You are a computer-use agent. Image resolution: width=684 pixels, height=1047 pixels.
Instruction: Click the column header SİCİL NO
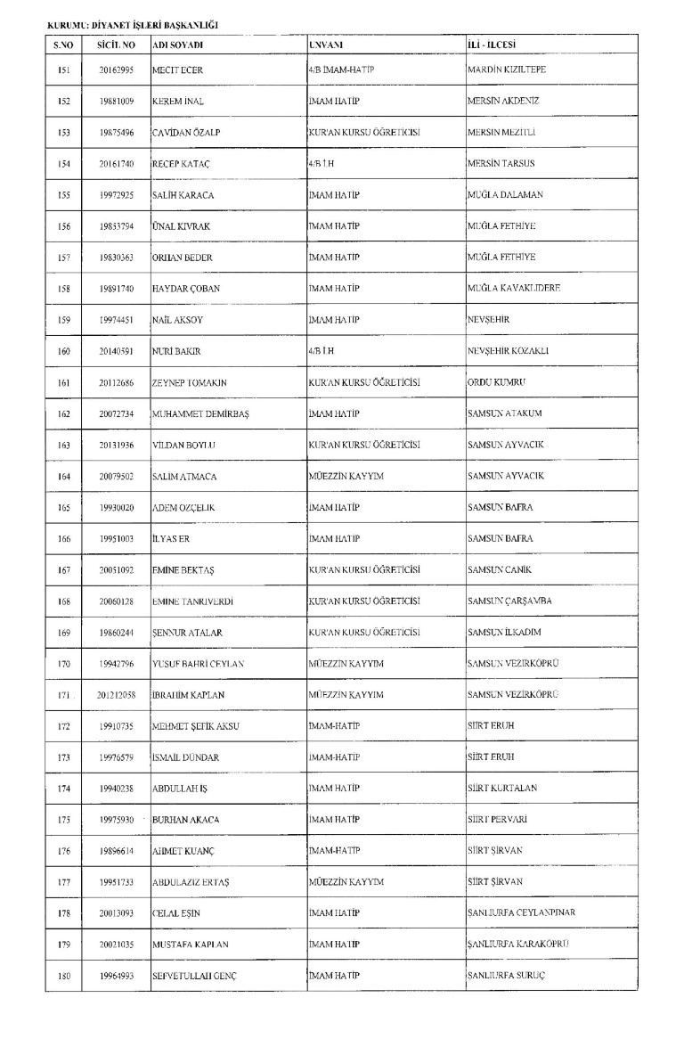coord(117,44)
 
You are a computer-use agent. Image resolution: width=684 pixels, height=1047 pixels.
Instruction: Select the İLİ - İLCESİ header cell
coord(493,44)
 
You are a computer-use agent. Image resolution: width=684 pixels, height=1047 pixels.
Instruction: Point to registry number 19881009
coord(117,102)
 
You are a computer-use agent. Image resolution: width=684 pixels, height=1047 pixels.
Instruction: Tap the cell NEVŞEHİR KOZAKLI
coord(509,350)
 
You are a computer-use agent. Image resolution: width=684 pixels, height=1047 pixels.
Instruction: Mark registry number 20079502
coord(117,476)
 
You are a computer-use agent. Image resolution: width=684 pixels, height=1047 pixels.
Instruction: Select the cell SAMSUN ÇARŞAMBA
coord(509,600)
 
